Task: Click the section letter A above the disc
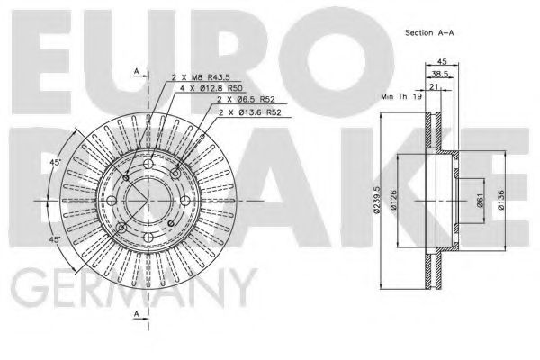tap(135, 70)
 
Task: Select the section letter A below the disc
tap(135, 314)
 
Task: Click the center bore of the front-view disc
tap(147, 199)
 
